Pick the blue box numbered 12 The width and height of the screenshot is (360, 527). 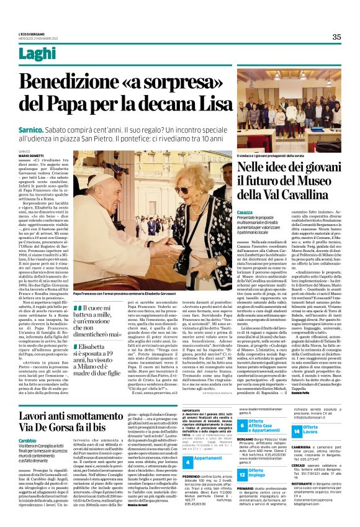241,474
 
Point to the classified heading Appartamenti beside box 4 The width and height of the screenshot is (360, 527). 208,457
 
